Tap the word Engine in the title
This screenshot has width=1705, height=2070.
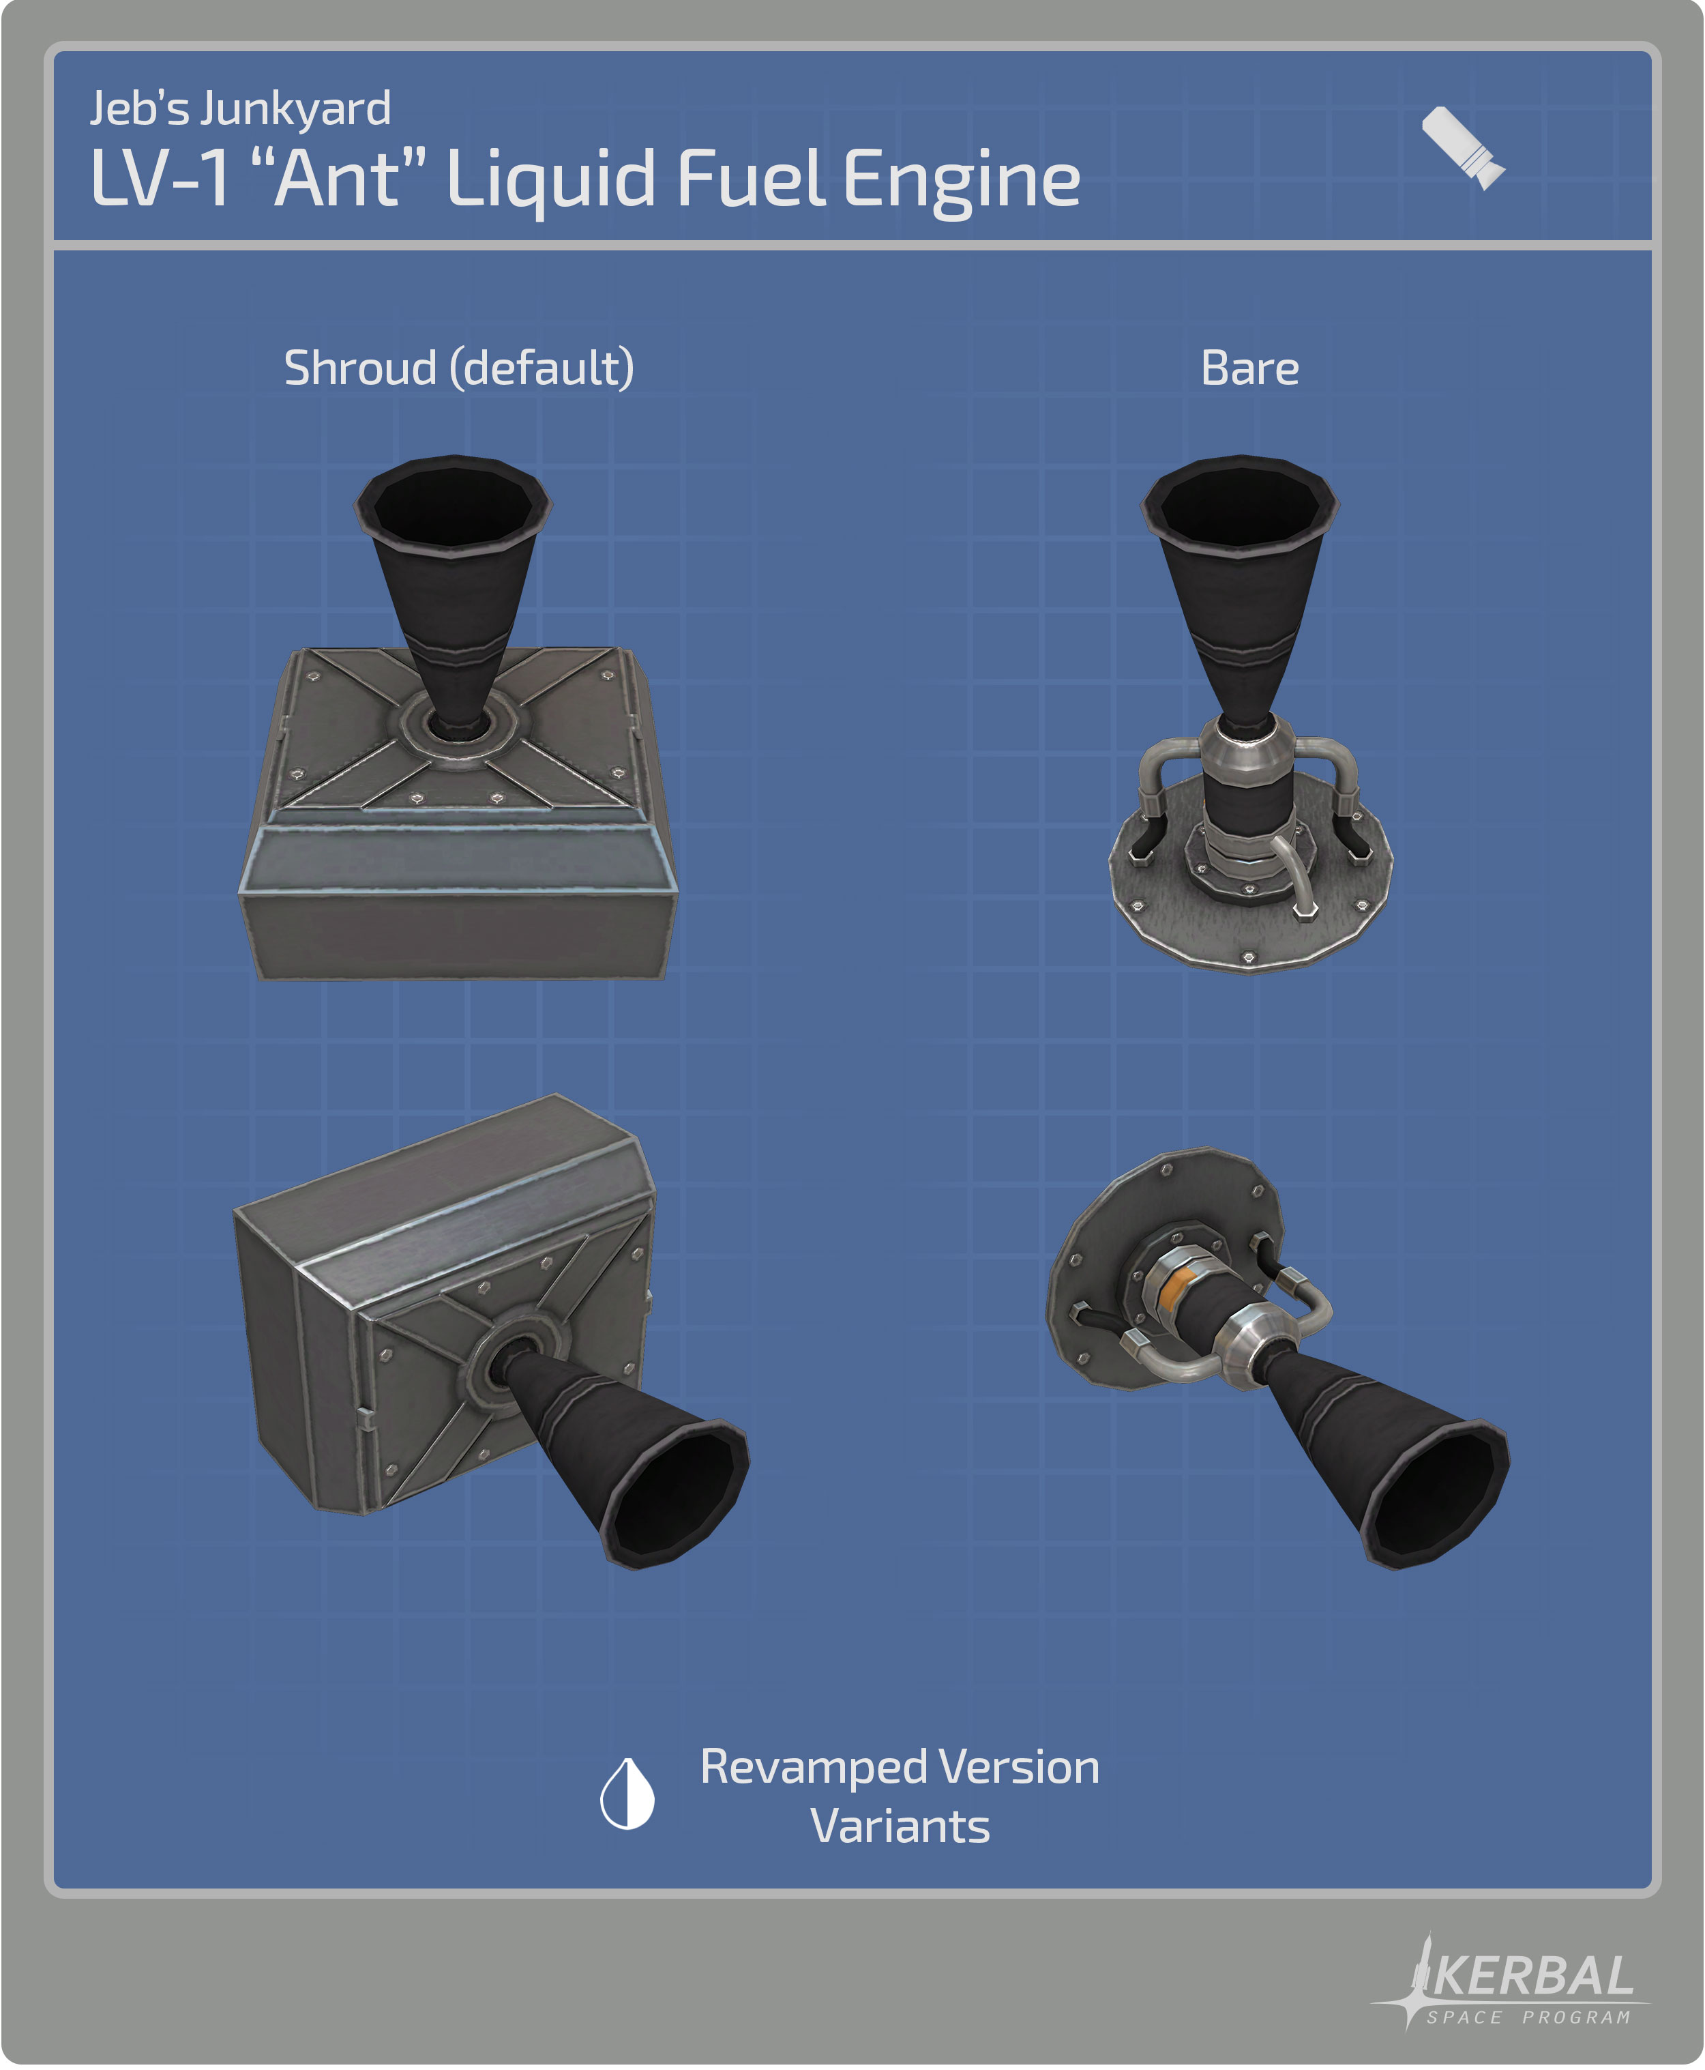point(962,181)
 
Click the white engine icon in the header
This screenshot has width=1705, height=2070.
point(1462,147)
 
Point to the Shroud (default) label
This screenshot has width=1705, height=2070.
point(459,368)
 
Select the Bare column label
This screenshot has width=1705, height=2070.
point(1249,368)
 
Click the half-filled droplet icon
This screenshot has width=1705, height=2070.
point(627,1793)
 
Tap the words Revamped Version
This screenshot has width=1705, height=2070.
point(900,1766)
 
